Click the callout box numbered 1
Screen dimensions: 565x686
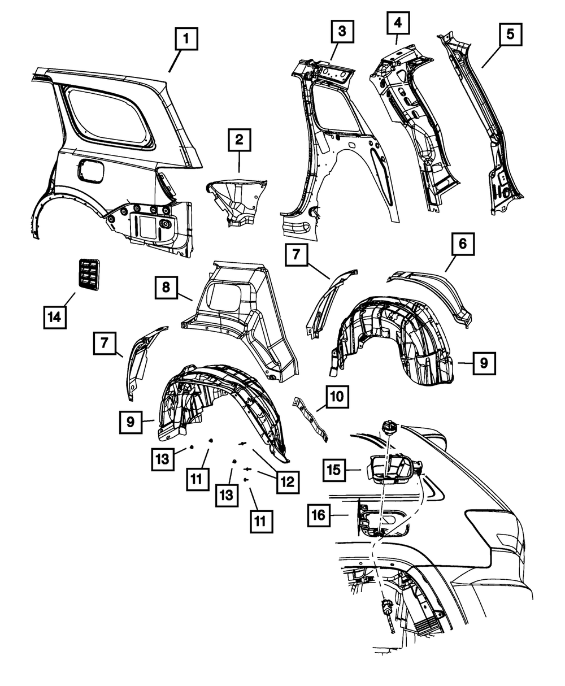click(187, 41)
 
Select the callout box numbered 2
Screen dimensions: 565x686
click(240, 140)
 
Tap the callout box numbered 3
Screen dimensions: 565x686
click(341, 32)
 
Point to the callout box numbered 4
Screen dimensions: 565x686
click(398, 24)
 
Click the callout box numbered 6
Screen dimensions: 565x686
click(462, 245)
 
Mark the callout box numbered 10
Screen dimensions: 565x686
click(337, 398)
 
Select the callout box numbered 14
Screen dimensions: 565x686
click(54, 316)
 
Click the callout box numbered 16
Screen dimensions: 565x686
click(320, 515)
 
